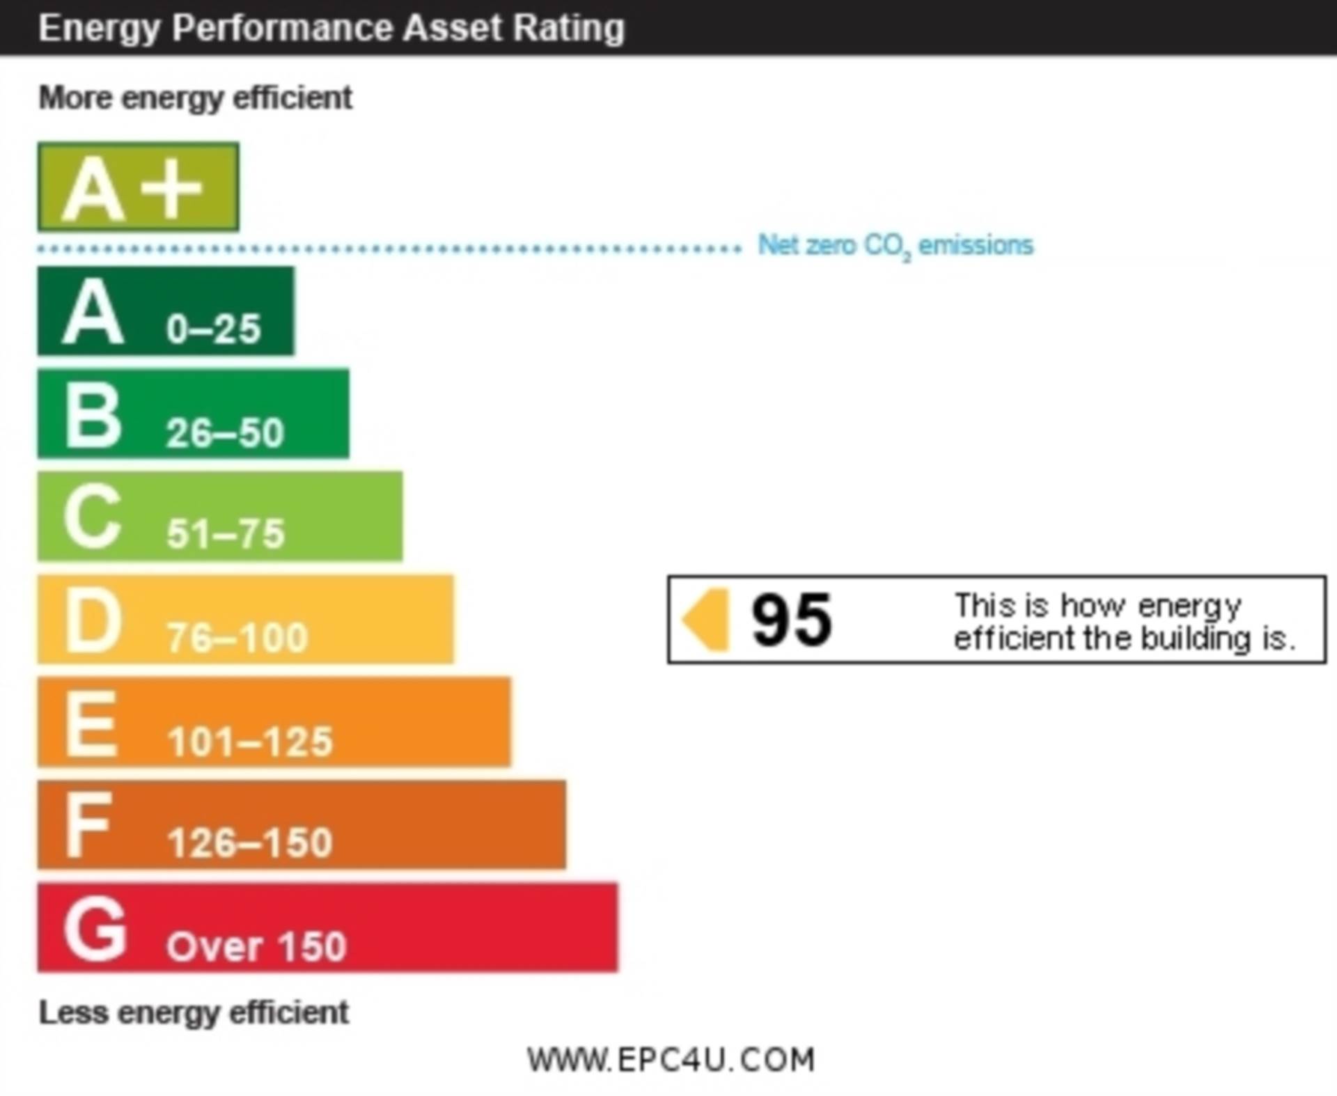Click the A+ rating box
pyautogui.click(x=138, y=187)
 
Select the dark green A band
pyautogui.click(x=166, y=311)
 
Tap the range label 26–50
pyautogui.click(x=225, y=432)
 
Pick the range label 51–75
pyautogui.click(x=226, y=534)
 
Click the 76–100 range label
pyautogui.click(x=237, y=637)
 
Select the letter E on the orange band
pyautogui.click(x=91, y=723)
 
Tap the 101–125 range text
pyautogui.click(x=250, y=741)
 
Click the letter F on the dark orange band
pyautogui.click(x=88, y=826)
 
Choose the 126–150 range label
pyautogui.click(x=250, y=843)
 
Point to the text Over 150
pyautogui.click(x=256, y=946)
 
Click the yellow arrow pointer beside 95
pyautogui.click(x=707, y=619)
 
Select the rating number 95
pyautogui.click(x=791, y=619)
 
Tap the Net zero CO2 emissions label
pyautogui.click(x=896, y=246)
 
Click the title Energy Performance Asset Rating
pyautogui.click(x=331, y=28)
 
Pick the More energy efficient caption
pyautogui.click(x=195, y=97)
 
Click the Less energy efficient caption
pyautogui.click(x=194, y=1012)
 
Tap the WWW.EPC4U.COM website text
pyautogui.click(x=671, y=1059)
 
